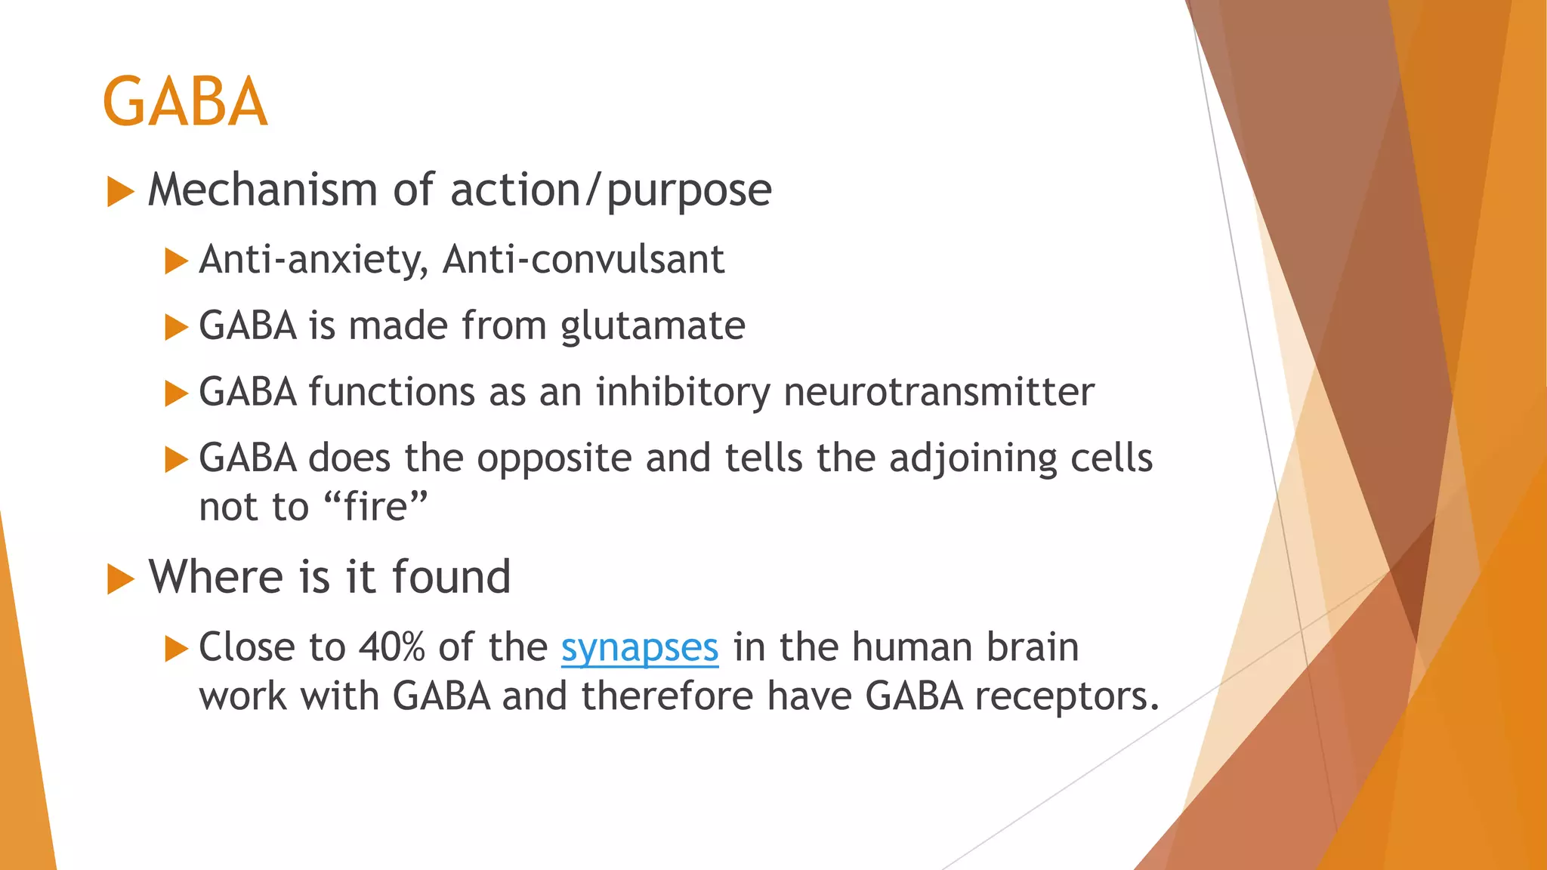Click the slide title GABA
tap(185, 101)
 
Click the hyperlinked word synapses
tap(639, 648)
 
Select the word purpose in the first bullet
tap(689, 190)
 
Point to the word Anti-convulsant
tap(583, 260)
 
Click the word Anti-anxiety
tap(313, 260)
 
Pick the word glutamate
tap(653, 326)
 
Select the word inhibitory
tap(683, 392)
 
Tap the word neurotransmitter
tap(939, 392)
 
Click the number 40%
tap(391, 647)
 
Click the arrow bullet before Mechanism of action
tap(120, 192)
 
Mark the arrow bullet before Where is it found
tap(120, 579)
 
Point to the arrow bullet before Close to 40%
tap(175, 649)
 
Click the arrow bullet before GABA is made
tap(175, 328)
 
